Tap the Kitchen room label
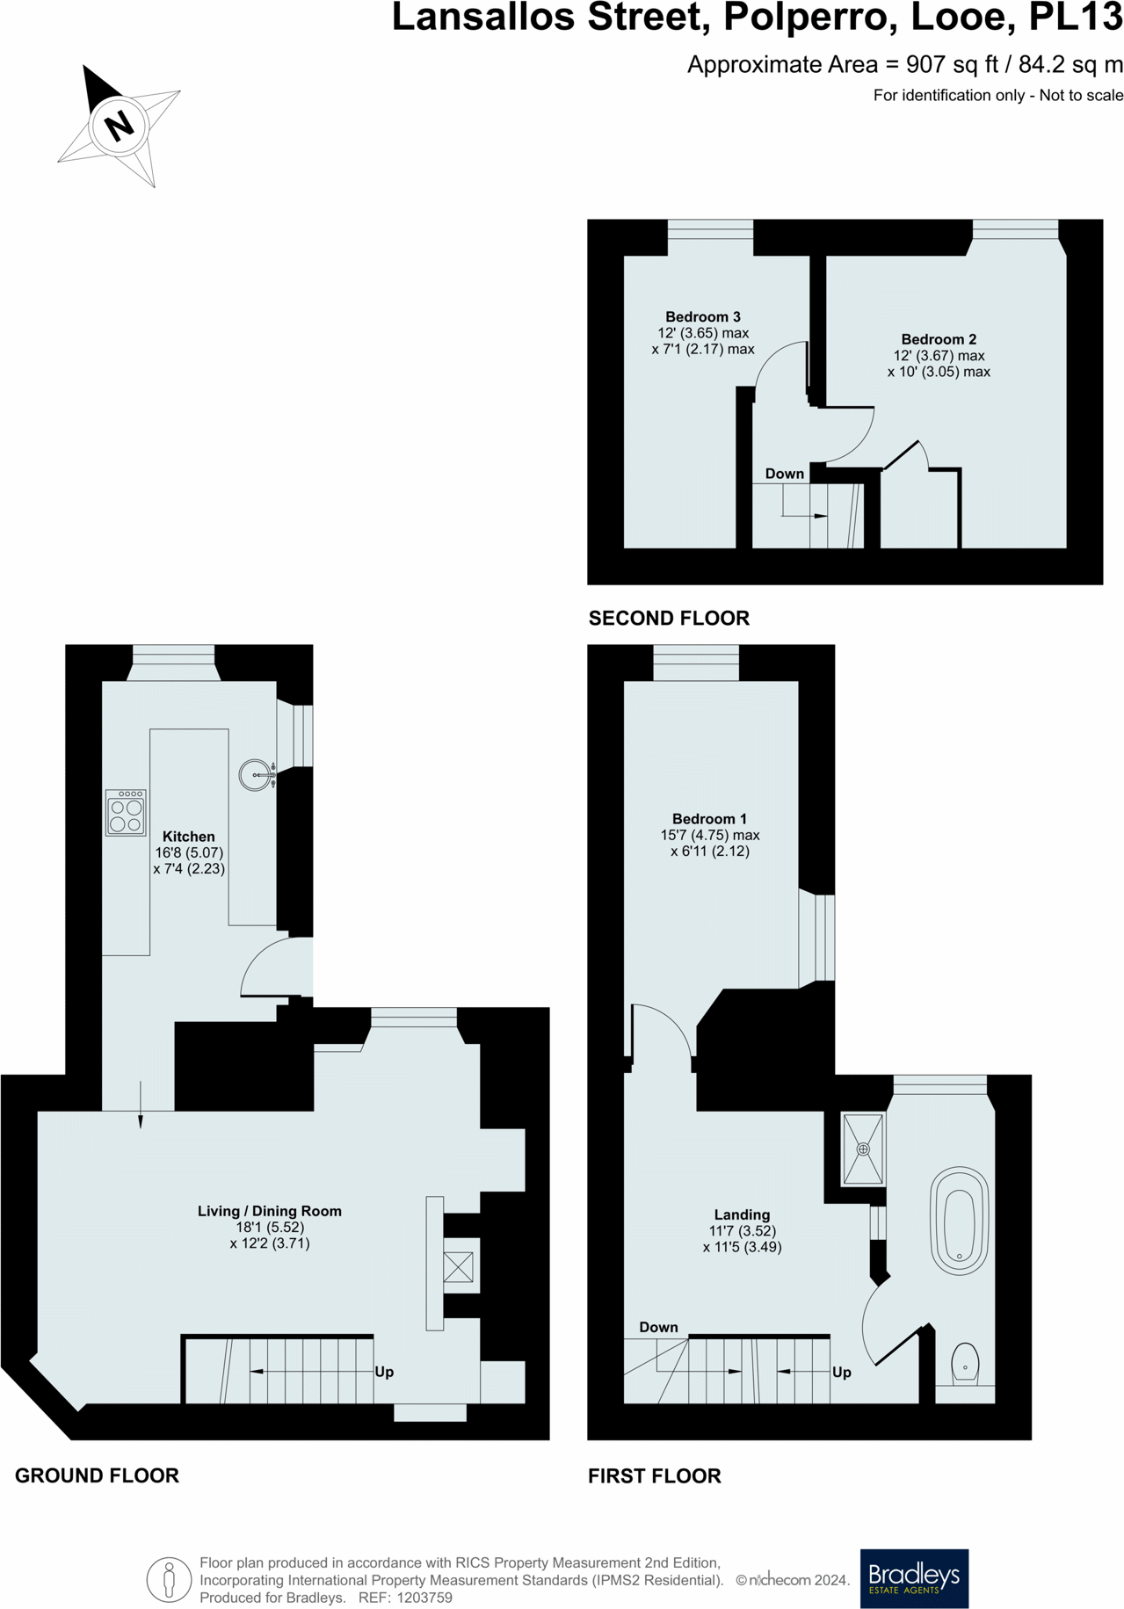tap(188, 837)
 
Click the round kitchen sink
tap(255, 775)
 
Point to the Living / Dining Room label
tap(269, 1211)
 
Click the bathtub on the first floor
tap(960, 1220)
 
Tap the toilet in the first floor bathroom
tap(965, 1363)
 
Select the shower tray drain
tap(863, 1149)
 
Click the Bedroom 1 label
tap(709, 819)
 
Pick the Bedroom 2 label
tap(939, 339)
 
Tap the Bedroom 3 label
tap(702, 316)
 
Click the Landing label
tap(742, 1214)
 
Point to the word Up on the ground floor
tap(384, 1372)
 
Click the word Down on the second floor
tap(784, 474)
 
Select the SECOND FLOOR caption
tap(669, 619)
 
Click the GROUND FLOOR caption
tap(97, 1475)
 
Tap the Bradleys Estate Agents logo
tap(913, 1578)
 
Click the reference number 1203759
tap(424, 1598)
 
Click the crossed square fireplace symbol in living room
tap(458, 1266)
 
